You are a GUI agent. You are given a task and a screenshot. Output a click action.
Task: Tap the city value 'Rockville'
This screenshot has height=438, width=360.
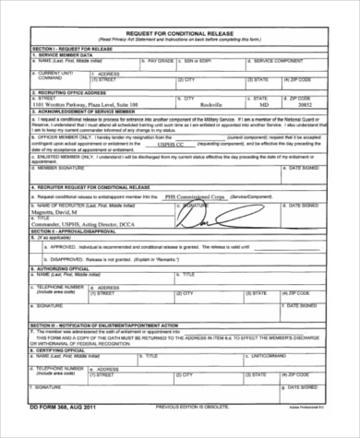point(211,106)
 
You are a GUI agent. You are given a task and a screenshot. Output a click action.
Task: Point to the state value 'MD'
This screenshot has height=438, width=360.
point(262,106)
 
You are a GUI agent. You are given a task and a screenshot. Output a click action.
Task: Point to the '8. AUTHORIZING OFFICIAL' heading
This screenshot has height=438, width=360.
point(60,268)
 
